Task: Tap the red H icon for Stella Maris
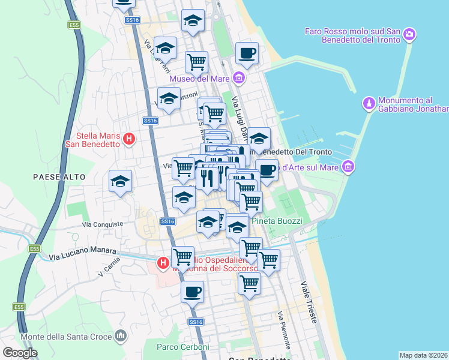pos(128,140)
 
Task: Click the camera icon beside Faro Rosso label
pos(409,34)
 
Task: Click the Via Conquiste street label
pos(103,223)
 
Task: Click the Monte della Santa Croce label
pos(66,337)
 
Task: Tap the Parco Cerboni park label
pos(182,347)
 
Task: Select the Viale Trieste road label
pos(308,304)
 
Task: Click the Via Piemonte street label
pos(283,331)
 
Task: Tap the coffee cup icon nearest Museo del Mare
pos(247,53)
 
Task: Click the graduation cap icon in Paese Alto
pos(120,181)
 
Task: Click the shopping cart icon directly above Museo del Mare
pos(196,61)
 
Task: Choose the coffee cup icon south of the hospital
pos(192,292)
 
